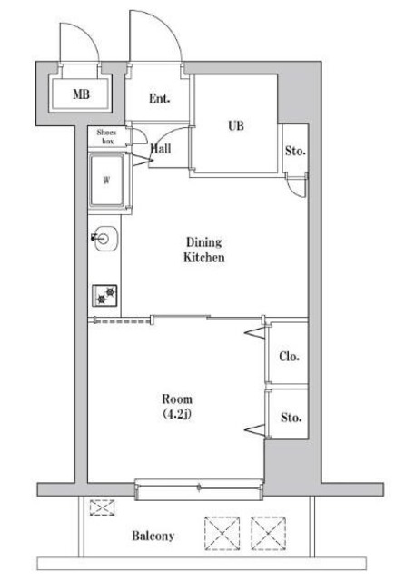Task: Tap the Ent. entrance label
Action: click(x=160, y=98)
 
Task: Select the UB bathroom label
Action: click(x=236, y=126)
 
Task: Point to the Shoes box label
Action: click(x=107, y=137)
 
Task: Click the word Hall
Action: click(x=161, y=148)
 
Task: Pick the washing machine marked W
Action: click(x=108, y=179)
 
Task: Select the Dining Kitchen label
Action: click(x=204, y=250)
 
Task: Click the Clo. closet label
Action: click(x=289, y=356)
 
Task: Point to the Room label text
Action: click(x=177, y=399)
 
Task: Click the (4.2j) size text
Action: click(x=177, y=415)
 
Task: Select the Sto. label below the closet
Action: click(x=290, y=418)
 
